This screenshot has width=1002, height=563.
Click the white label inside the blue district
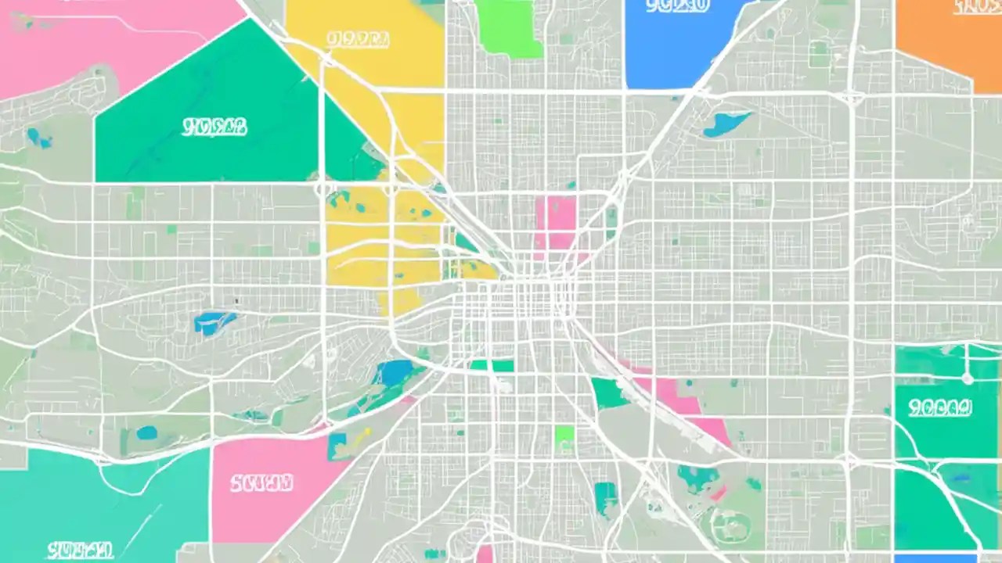678,7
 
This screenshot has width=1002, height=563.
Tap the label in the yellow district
358,40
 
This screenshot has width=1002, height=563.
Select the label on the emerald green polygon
214,127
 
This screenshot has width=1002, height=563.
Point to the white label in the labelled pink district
261,482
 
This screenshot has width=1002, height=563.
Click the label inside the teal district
79,549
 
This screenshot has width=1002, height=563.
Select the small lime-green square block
564,436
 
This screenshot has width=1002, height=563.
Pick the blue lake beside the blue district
726,124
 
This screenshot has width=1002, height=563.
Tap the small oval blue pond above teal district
146,432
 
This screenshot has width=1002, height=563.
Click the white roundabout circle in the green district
967,378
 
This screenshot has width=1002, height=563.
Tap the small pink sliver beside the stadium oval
717,493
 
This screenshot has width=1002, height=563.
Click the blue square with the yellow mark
341,446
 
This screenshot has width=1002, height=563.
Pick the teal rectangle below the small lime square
605,497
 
